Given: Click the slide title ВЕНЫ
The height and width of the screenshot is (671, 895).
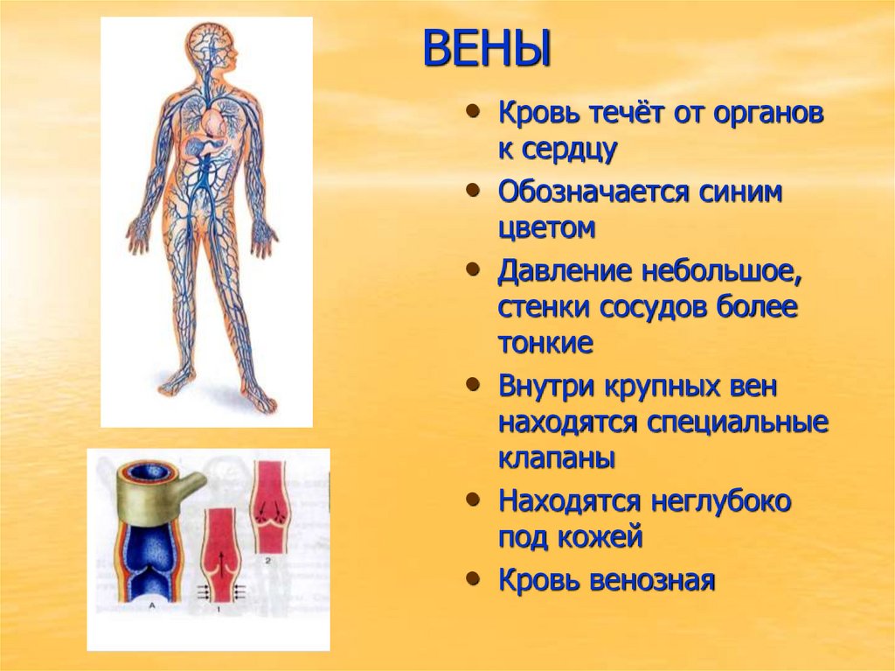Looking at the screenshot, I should [x=487, y=49].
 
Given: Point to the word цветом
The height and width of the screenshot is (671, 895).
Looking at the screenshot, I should [x=547, y=228].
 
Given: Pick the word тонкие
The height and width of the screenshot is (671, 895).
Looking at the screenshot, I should [x=546, y=343].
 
